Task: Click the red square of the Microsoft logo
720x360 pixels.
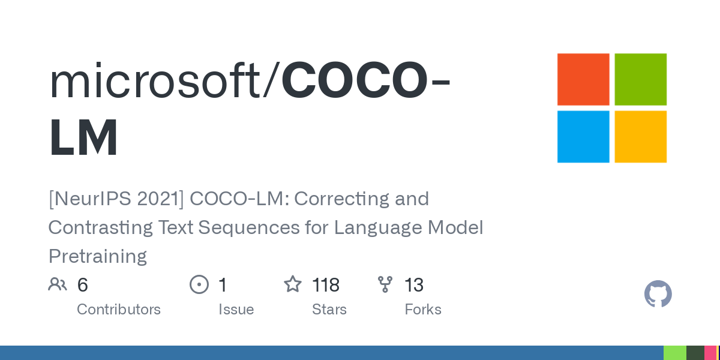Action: point(583,79)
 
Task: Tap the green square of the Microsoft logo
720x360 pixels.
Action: point(641,79)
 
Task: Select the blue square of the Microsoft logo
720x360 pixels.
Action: point(583,137)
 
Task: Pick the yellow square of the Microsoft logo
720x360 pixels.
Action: point(641,137)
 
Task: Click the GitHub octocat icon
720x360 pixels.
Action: point(658,294)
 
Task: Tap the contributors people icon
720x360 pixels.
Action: point(58,284)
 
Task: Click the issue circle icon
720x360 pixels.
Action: point(199,284)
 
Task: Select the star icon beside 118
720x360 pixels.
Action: point(293,284)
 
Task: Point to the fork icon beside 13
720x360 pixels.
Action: point(385,284)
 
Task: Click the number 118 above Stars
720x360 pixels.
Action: point(326,285)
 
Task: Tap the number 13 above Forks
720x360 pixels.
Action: point(414,285)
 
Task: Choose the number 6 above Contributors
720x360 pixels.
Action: point(83,285)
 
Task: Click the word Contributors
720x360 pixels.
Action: point(119,310)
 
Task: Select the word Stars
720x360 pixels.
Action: point(329,310)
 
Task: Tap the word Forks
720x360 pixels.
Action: point(423,310)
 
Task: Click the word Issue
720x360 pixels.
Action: point(236,310)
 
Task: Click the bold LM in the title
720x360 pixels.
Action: point(83,138)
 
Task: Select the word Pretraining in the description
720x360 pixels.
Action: point(98,256)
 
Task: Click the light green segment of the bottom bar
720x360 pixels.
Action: point(675,353)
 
